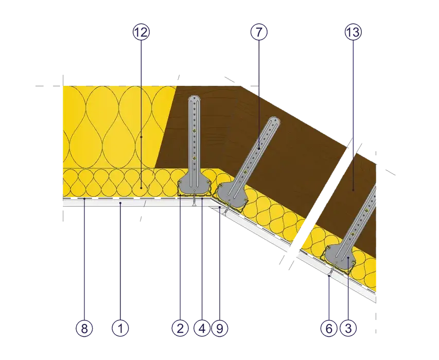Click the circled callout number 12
[141, 32]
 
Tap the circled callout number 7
[259, 32]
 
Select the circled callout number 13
[353, 32]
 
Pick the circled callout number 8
[84, 328]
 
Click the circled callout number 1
[120, 328]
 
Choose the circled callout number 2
[180, 328]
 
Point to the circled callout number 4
[202, 328]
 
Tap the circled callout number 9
[220, 328]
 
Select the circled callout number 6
[329, 328]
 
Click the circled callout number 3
[348, 328]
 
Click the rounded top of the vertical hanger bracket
[195, 99]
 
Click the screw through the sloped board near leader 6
[331, 271]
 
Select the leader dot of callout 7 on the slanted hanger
[259, 149]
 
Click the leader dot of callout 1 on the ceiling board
[120, 203]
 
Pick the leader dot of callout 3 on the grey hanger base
[348, 258]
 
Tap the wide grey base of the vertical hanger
[195, 186]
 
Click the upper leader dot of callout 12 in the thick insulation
[141, 137]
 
